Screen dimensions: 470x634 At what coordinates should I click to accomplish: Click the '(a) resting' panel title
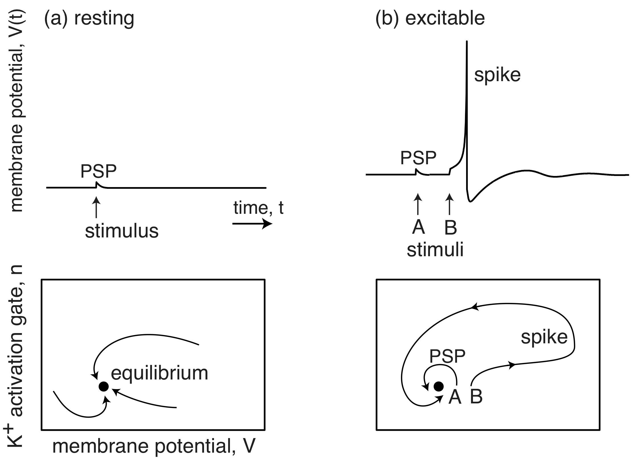pyautogui.click(x=89, y=18)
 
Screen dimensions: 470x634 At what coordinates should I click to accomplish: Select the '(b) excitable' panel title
pyautogui.click(x=430, y=18)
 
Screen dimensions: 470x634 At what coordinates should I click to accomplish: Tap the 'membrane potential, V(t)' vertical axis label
pyautogui.click(x=17, y=111)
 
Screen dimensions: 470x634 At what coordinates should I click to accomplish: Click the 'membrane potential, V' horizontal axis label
pyautogui.click(x=154, y=446)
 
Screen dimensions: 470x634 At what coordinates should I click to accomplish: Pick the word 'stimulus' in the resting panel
pyautogui.click(x=122, y=231)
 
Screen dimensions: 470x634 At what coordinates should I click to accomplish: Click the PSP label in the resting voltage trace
pyautogui.click(x=98, y=171)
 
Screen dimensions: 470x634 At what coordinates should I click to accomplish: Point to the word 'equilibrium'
pyautogui.click(x=159, y=373)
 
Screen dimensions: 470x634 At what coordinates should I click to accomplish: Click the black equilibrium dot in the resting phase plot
pyautogui.click(x=104, y=386)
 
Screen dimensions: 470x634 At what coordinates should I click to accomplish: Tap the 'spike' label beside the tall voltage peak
pyautogui.click(x=497, y=75)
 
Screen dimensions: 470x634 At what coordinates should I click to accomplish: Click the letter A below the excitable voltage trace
pyautogui.click(x=418, y=227)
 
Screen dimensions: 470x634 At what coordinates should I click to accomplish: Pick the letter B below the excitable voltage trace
pyautogui.click(x=450, y=227)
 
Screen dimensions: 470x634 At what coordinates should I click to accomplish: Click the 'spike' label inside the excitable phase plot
pyautogui.click(x=544, y=337)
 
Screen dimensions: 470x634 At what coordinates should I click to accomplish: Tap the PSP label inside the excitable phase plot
pyautogui.click(x=447, y=356)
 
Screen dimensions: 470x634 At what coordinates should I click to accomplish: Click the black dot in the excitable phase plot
pyautogui.click(x=439, y=386)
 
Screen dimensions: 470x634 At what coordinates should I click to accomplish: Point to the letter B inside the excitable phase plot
pyautogui.click(x=476, y=397)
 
